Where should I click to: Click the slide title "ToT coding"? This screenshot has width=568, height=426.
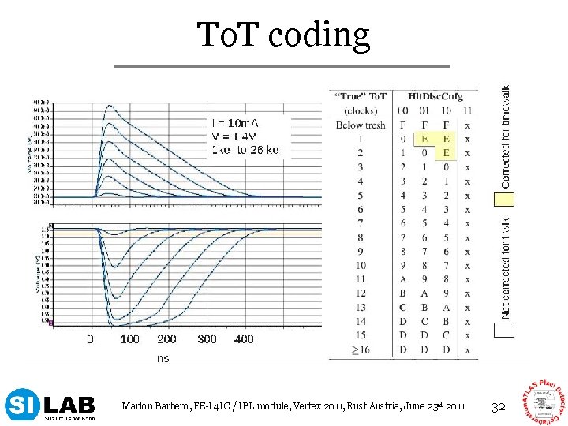coord(283,35)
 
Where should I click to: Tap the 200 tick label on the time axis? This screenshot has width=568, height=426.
coord(166,339)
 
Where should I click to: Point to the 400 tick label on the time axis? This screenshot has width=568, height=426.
coord(244,339)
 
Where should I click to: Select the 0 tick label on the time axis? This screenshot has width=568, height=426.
coord(90,339)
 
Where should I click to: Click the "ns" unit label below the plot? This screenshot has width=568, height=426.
coord(163,358)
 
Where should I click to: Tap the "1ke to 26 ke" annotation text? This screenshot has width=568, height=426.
coord(245,149)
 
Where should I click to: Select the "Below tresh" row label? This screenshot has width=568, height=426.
coord(361,125)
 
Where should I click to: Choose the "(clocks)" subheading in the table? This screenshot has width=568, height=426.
coord(361,110)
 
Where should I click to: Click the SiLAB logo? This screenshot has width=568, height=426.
coord(50,405)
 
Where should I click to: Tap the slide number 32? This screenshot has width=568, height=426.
coord(498,407)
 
